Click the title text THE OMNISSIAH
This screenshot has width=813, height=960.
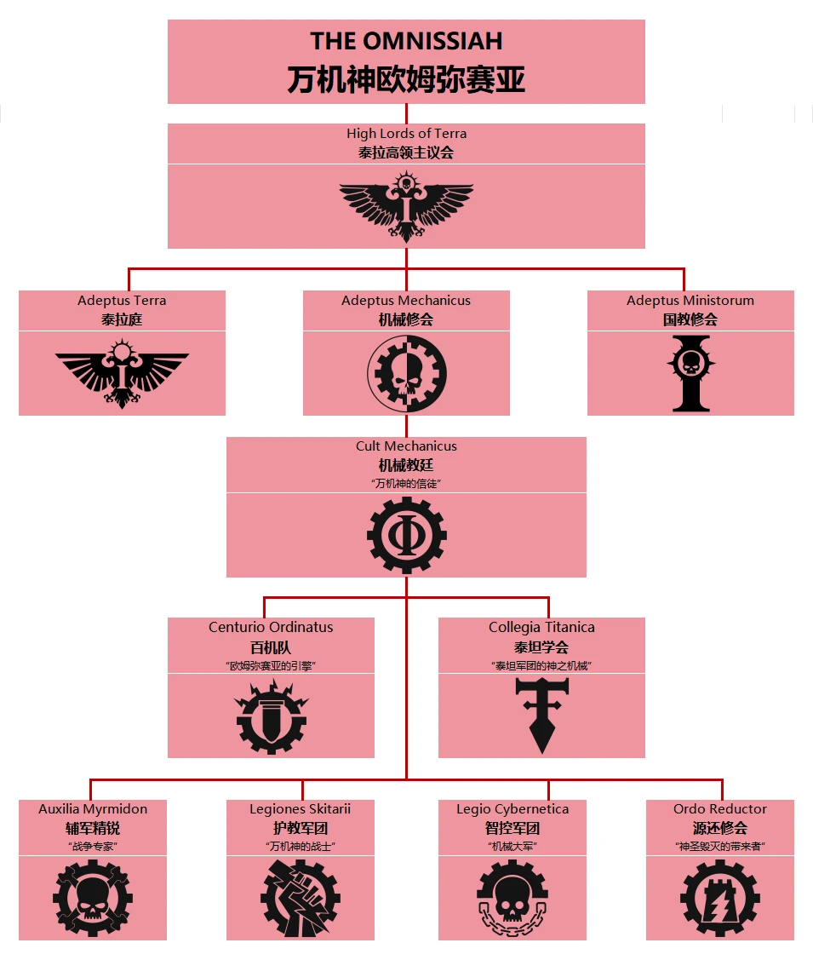tap(406, 41)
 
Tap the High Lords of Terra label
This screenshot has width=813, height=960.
tap(406, 134)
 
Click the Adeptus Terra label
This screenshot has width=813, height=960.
tap(122, 301)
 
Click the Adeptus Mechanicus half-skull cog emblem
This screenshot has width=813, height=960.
tap(406, 373)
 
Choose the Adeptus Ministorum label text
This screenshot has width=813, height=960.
tap(690, 301)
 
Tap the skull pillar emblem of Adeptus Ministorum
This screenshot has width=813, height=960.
tap(690, 373)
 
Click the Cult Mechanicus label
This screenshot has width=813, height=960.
tap(406, 446)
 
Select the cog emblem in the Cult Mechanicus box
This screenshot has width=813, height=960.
tap(406, 535)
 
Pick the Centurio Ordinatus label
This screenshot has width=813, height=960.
tap(271, 628)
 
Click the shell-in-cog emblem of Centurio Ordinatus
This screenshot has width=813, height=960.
tap(271, 716)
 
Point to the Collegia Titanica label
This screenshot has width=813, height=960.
tap(541, 628)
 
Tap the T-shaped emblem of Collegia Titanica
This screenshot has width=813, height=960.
tap(541, 716)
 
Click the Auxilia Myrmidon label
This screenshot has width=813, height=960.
tap(93, 809)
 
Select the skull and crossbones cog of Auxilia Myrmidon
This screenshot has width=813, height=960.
tap(93, 898)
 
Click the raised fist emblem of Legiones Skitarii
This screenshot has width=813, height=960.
tap(300, 898)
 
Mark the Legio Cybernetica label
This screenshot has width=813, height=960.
tap(512, 809)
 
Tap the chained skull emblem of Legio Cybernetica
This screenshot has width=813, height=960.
tap(512, 898)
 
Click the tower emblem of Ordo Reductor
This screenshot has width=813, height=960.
tap(720, 898)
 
